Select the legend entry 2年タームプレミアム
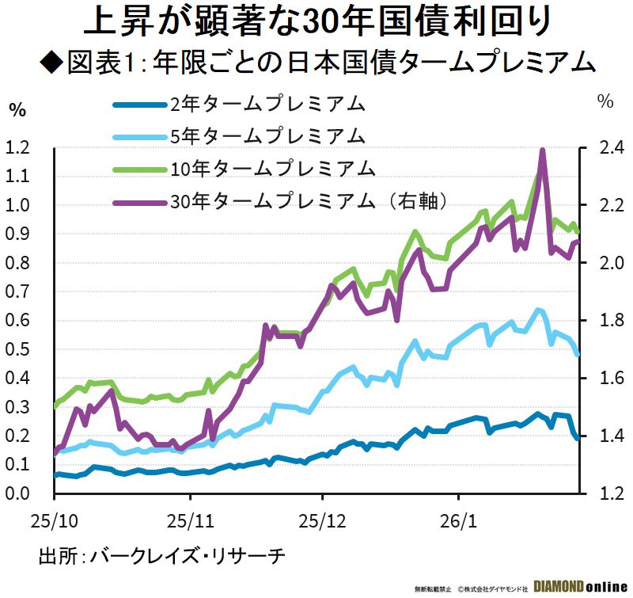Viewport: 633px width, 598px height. pyautogui.click(x=267, y=104)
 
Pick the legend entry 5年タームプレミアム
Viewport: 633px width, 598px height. pyautogui.click(x=267, y=135)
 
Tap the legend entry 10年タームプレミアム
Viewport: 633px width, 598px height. pyautogui.click(x=271, y=168)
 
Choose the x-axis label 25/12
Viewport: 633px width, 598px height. pyautogui.click(x=322, y=522)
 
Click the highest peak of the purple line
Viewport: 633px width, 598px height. pyautogui.click(x=543, y=150)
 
